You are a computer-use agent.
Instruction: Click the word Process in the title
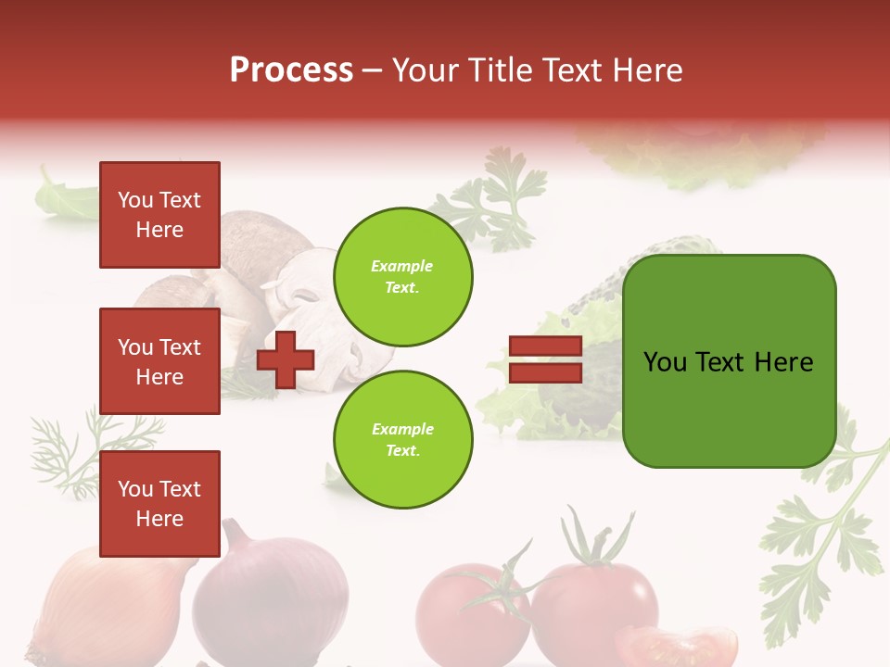pyautogui.click(x=291, y=70)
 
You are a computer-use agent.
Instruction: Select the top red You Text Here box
pyautogui.click(x=159, y=215)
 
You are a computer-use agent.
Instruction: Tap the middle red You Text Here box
pyautogui.click(x=159, y=361)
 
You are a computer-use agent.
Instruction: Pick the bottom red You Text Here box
pyautogui.click(x=159, y=504)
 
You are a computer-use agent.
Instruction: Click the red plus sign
pyautogui.click(x=285, y=359)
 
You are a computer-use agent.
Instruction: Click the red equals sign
pyautogui.click(x=545, y=359)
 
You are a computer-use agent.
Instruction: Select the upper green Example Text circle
pyautogui.click(x=402, y=277)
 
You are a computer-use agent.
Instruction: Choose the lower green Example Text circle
pyautogui.click(x=402, y=440)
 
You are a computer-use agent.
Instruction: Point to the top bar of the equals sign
pyautogui.click(x=545, y=346)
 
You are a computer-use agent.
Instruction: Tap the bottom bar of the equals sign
pyautogui.click(x=545, y=372)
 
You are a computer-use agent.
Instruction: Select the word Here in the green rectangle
pyautogui.click(x=783, y=362)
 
